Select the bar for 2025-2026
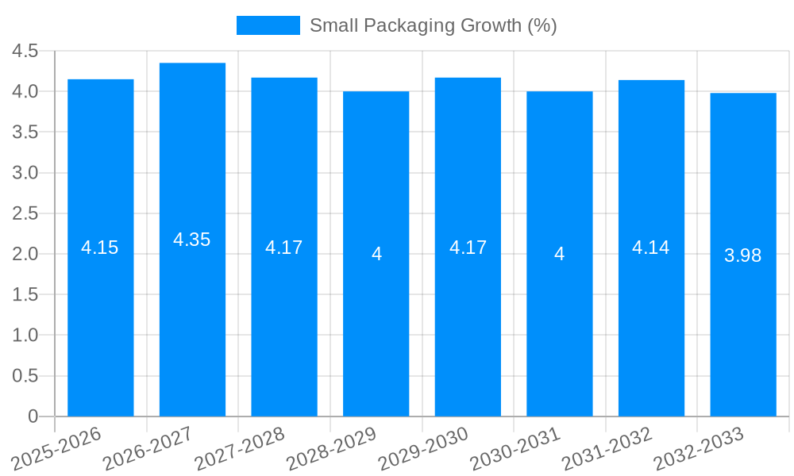coord(100,317)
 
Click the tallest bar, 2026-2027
coord(192,317)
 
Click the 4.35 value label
coord(192,240)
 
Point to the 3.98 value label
coord(742,255)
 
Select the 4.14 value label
coord(650,248)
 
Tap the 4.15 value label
coord(100,248)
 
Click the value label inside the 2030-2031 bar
coord(559,254)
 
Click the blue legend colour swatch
coord(268,25)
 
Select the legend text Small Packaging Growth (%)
coord(433,25)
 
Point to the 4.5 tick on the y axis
coord(25,51)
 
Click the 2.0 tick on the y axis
coord(25,254)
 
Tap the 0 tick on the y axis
coord(33,416)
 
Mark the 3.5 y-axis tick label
coord(25,132)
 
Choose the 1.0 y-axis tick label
coord(25,335)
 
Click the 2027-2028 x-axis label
coord(240,449)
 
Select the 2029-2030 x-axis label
coord(423,449)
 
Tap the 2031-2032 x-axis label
coord(607,449)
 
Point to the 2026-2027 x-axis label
coord(148,449)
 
